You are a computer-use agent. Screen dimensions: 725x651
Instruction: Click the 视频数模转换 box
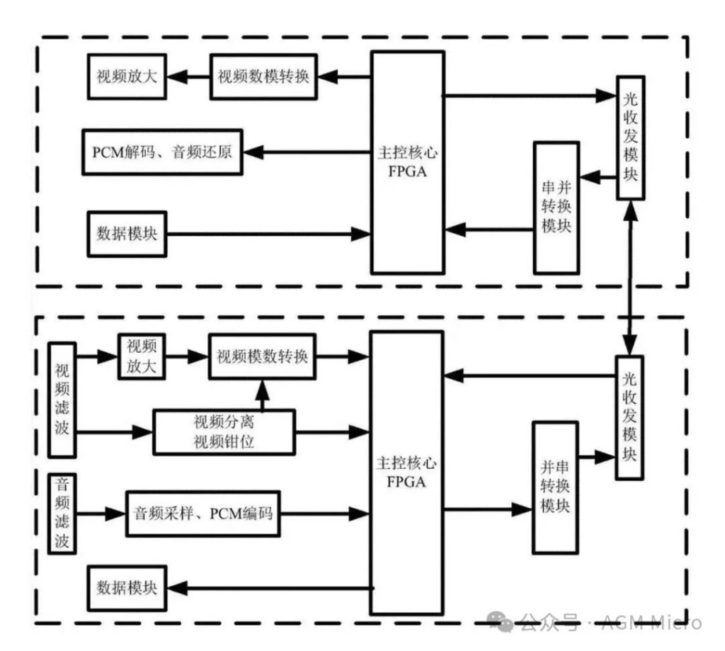point(263,77)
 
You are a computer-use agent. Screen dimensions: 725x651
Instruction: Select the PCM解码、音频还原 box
point(162,152)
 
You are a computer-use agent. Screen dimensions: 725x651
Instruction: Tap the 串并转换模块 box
point(556,208)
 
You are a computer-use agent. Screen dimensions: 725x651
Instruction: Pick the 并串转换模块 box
point(555,487)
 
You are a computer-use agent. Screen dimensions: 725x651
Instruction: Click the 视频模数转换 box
point(262,356)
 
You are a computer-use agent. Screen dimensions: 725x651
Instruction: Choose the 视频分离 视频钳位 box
point(224,432)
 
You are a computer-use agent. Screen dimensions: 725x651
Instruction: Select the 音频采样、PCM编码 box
point(203,514)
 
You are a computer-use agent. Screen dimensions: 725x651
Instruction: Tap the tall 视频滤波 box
point(62,400)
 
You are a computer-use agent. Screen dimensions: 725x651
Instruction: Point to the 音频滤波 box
point(62,514)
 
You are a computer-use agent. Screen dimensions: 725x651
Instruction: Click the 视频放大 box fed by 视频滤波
point(142,356)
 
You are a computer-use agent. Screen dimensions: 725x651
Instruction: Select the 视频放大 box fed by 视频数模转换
point(127,77)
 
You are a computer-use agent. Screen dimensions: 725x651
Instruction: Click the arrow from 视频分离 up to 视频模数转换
point(262,395)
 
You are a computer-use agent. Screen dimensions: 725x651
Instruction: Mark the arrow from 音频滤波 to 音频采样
point(101,514)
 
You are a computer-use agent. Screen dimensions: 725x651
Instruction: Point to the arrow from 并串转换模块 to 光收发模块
point(597,457)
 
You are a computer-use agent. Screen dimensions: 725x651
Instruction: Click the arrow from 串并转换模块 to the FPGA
point(489,229)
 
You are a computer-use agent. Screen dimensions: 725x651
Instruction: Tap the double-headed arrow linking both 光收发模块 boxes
point(630,278)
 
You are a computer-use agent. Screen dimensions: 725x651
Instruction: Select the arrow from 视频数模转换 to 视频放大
point(188,77)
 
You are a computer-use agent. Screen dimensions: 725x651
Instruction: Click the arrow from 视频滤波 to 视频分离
point(115,432)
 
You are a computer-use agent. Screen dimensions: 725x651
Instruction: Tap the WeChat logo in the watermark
point(501,621)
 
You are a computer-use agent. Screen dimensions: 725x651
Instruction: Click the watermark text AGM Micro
point(651,623)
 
